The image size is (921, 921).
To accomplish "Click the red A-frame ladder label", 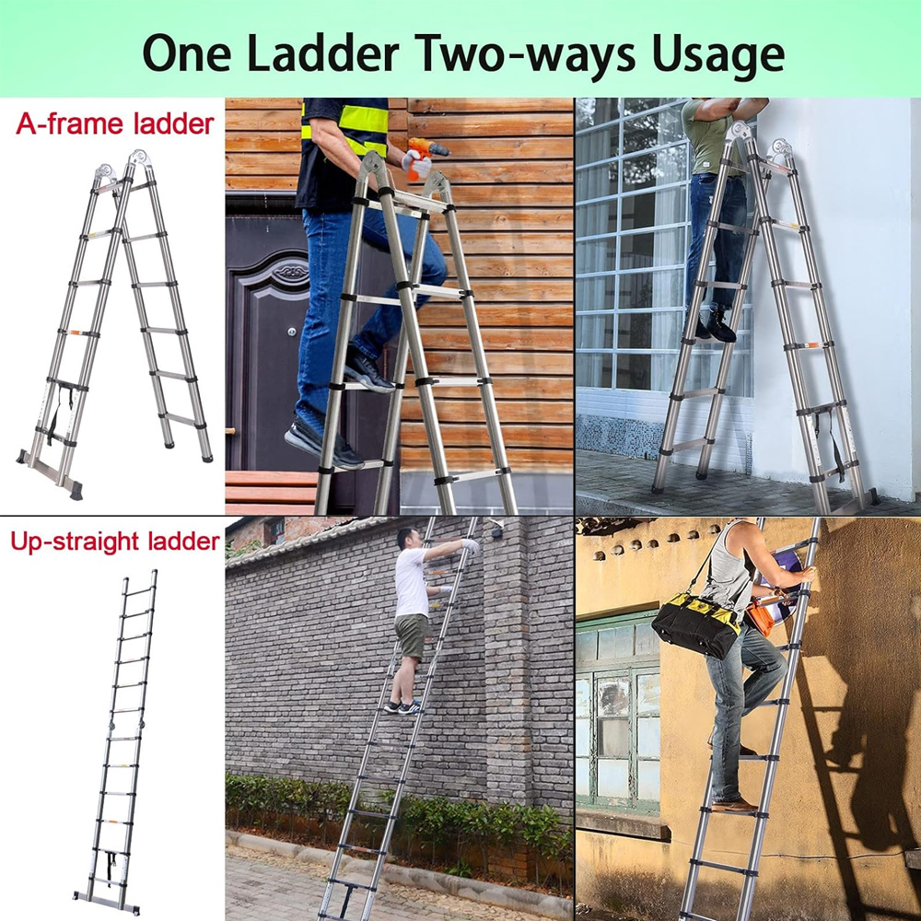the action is [115, 124].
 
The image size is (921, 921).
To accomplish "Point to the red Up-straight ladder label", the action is [115, 542].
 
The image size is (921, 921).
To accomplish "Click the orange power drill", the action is [426, 157].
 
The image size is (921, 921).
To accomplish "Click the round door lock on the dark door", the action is [292, 332].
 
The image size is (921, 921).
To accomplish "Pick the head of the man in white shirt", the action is [408, 539].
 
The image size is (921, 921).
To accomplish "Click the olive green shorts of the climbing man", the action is [411, 635].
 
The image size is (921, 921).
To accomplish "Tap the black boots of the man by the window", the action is [715, 325].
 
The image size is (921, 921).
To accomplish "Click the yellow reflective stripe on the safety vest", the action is [362, 119].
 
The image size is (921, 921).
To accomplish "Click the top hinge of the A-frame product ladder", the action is [139, 159].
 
